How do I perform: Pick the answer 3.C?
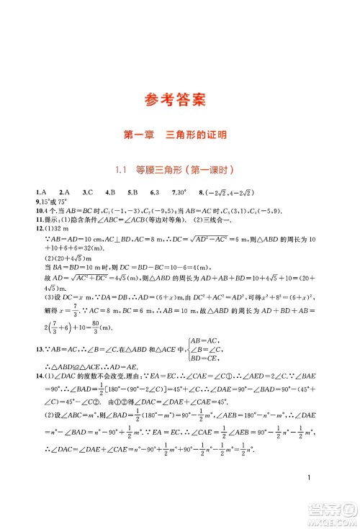[87, 194]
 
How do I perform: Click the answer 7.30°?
[176, 194]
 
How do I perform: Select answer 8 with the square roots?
[225, 194]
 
